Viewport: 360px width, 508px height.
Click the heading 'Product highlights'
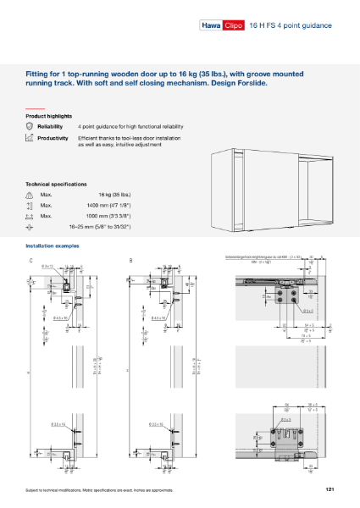(48, 115)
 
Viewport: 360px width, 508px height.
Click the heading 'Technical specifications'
(56, 184)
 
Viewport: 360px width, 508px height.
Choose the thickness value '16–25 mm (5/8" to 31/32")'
(101, 227)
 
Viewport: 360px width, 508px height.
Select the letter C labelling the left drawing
(31, 260)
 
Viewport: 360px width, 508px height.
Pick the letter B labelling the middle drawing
(131, 260)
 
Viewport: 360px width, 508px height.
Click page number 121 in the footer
(329, 490)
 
